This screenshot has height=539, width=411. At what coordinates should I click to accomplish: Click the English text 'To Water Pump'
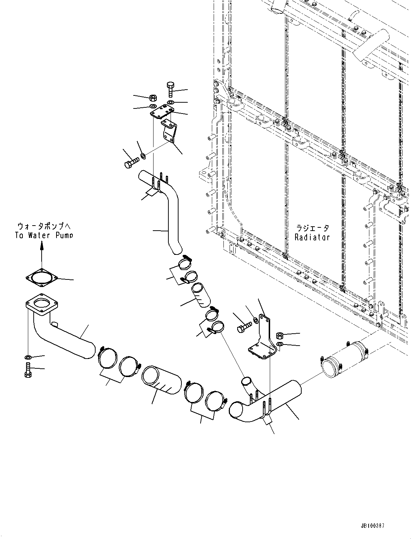(x=44, y=235)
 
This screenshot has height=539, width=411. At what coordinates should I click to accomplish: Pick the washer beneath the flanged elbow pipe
(x=28, y=358)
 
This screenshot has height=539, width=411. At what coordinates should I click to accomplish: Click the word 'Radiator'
(x=312, y=238)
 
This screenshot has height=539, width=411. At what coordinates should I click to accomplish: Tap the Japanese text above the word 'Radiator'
(x=313, y=228)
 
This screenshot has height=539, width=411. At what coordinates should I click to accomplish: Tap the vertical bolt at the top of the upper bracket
(x=171, y=89)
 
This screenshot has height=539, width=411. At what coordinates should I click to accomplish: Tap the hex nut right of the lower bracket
(x=280, y=335)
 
